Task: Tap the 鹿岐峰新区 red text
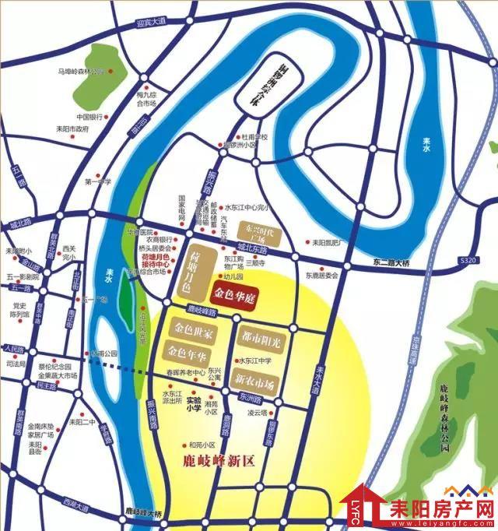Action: tap(217, 460)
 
